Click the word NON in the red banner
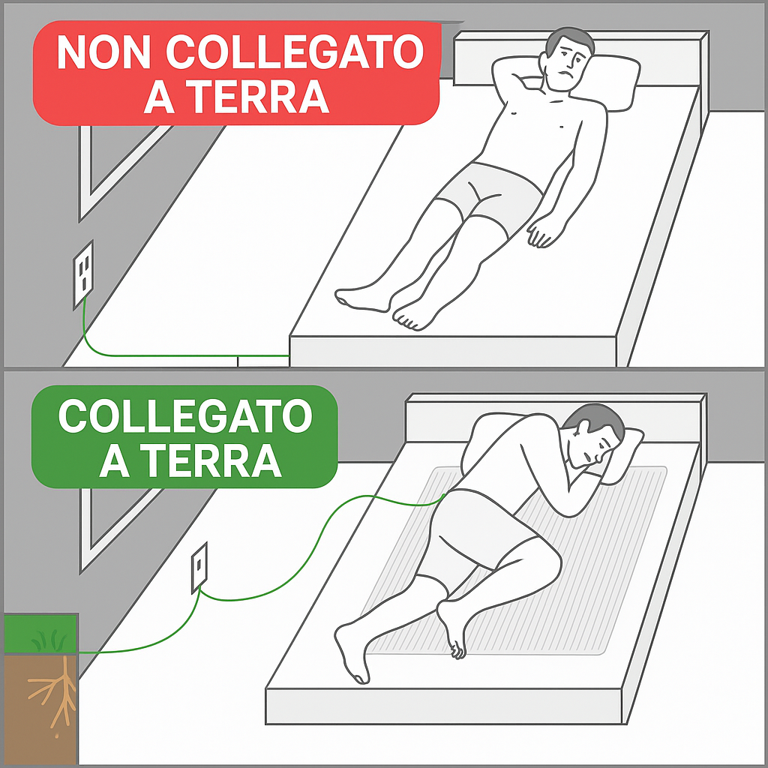coord(103,52)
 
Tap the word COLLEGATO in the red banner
coord(295,52)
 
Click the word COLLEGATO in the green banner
coord(185,415)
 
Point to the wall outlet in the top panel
coord(83,274)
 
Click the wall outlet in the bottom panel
coord(199,567)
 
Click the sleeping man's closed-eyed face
coord(592,445)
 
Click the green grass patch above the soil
coord(41,634)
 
